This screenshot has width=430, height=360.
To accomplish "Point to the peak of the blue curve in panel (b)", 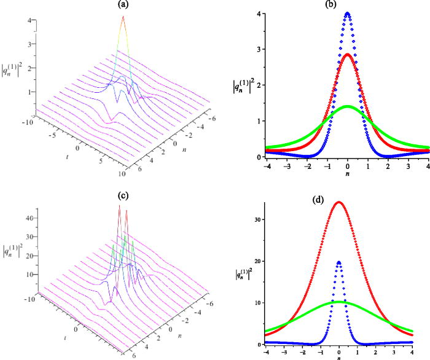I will tap(348, 14).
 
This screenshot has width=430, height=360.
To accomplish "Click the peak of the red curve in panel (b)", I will tap(348, 54).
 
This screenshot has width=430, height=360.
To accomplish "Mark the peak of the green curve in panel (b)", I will tap(348, 106).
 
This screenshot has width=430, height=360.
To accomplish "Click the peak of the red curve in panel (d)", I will tap(339, 202).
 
